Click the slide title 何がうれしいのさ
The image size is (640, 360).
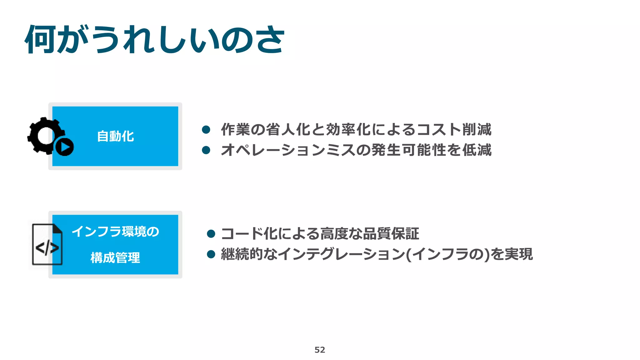pyautogui.click(x=154, y=40)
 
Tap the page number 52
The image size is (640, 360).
pyautogui.click(x=320, y=350)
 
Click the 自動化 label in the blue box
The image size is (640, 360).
pyautogui.click(x=115, y=137)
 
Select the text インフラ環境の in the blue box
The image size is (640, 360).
pyautogui.click(x=115, y=232)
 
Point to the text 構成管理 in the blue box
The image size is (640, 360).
pyautogui.click(x=115, y=258)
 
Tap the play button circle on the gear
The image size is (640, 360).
pyautogui.click(x=65, y=147)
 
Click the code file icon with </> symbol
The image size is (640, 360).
pyautogui.click(x=47, y=245)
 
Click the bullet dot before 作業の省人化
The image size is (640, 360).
pyautogui.click(x=206, y=130)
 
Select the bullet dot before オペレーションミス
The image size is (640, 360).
pyautogui.click(x=206, y=150)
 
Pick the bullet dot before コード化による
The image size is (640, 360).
pyautogui.click(x=211, y=234)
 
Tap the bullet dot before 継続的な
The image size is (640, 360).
pyautogui.click(x=211, y=254)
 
